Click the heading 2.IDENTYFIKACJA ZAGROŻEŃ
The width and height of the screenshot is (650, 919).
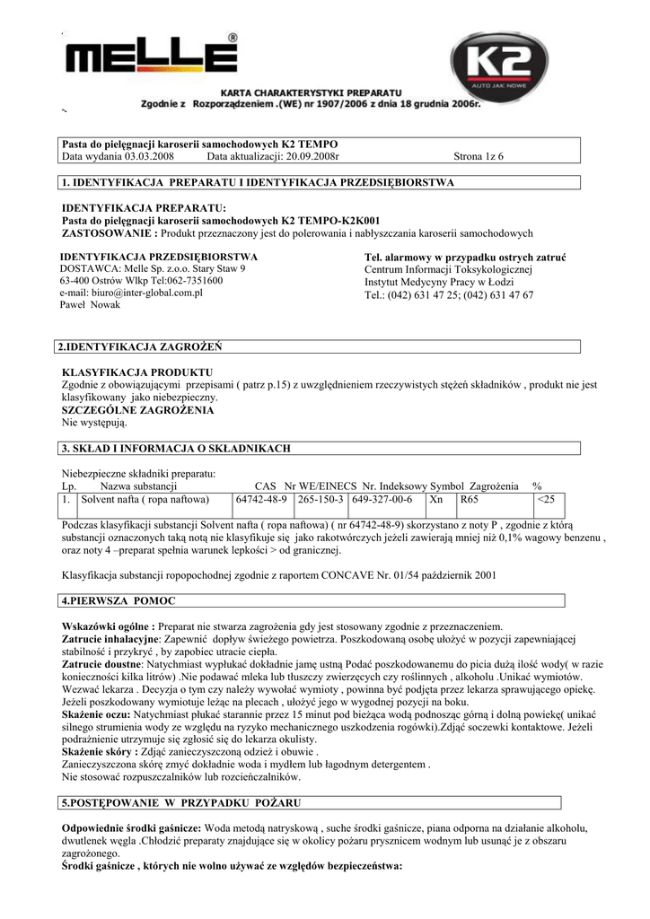[x=139, y=346]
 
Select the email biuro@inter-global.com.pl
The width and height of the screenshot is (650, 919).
[x=131, y=293]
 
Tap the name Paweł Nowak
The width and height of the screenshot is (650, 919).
[x=91, y=305]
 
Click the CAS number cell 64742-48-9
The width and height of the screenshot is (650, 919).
[x=260, y=500]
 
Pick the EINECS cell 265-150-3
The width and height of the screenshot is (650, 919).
[x=321, y=500]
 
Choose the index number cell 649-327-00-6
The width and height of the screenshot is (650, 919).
[x=382, y=500]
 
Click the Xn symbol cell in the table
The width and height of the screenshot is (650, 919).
[x=436, y=500]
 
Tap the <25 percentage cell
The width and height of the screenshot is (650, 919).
[x=546, y=500]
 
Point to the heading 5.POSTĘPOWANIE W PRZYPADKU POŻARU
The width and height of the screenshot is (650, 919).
[x=180, y=801]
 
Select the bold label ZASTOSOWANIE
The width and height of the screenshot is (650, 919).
[x=107, y=233]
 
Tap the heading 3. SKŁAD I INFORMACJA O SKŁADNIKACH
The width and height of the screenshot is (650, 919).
[x=175, y=448]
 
